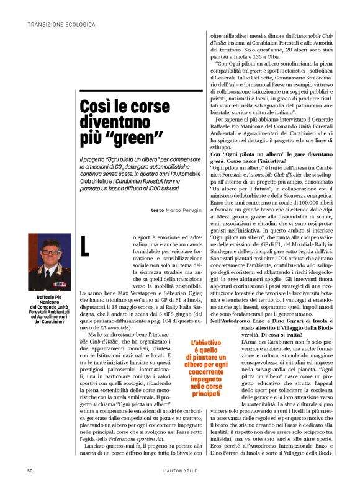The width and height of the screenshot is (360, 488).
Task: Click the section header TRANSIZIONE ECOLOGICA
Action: [x=61, y=24]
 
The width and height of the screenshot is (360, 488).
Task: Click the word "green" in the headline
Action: [x=133, y=134]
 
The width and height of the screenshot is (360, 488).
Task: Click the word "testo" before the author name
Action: [x=157, y=210]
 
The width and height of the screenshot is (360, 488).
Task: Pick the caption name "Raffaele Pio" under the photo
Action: [x=50, y=297]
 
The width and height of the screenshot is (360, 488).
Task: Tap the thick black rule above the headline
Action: [x=142, y=91]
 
